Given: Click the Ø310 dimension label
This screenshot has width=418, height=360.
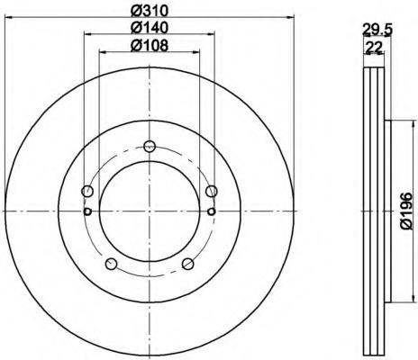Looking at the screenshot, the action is pos(150,11).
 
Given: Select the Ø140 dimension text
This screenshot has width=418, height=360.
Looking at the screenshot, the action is pos(150,28).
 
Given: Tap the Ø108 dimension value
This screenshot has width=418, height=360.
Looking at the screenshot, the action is pos(150,46).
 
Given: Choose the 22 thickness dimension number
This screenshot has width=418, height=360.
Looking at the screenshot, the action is pos(373,47).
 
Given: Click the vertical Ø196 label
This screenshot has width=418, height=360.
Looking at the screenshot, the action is pos(407,211).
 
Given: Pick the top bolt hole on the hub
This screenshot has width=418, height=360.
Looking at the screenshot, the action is pos(150,147).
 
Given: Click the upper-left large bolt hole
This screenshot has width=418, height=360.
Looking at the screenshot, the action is pos(87,191).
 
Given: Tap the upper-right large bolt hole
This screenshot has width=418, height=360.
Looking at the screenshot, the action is pos(212,191).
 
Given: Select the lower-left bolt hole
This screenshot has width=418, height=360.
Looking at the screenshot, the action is pos(111,264).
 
